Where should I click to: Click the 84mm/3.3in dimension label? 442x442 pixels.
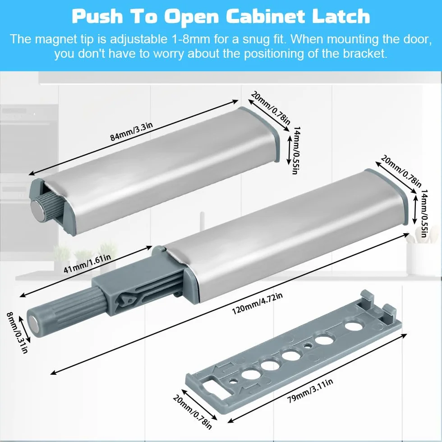click(131, 132)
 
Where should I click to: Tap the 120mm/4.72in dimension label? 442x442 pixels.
click(257, 304)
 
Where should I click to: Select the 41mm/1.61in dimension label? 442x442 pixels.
click(87, 263)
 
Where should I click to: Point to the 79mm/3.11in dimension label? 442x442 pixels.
click(310, 391)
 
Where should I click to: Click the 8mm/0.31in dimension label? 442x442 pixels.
click(18, 333)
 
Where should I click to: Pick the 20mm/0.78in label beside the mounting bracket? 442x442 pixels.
click(192, 412)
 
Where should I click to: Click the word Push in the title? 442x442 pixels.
click(97, 16)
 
